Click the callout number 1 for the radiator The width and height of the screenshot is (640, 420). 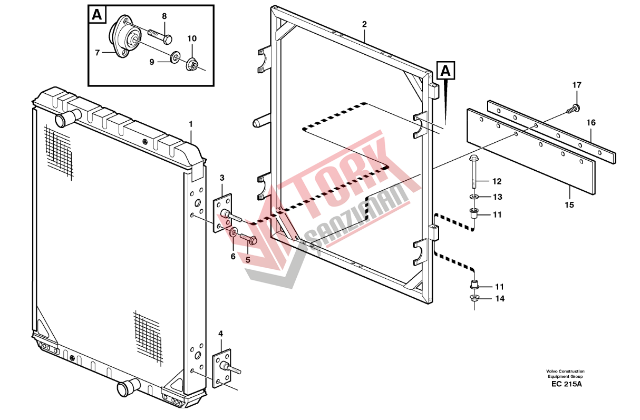click(191, 124)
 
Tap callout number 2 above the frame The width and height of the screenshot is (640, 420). click(364, 24)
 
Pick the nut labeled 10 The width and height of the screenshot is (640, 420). click(193, 65)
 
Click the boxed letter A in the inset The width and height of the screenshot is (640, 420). click(96, 15)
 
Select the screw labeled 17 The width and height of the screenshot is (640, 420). click(575, 108)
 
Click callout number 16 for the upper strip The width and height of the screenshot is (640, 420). click(590, 123)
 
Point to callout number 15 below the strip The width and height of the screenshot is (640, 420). click(570, 204)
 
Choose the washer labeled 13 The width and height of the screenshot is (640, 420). click(474, 197)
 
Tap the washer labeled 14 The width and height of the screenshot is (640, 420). click(474, 299)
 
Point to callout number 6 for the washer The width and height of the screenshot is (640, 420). click(232, 257)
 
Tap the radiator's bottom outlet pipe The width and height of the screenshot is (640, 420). click(127, 388)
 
